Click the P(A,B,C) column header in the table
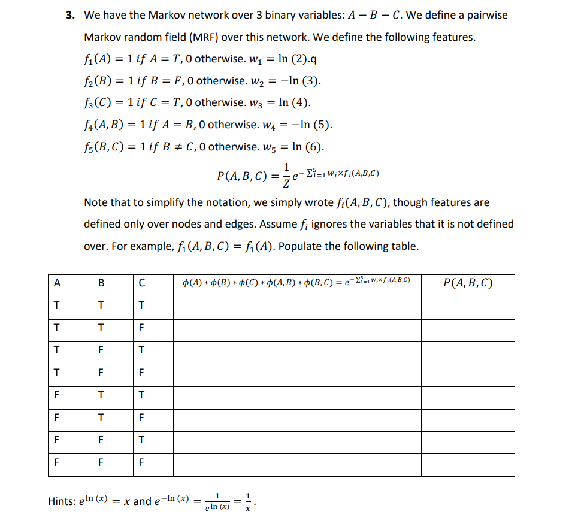[x=468, y=283]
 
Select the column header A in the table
[x=56, y=283]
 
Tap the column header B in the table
[x=101, y=283]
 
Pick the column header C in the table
[x=141, y=283]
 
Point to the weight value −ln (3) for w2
[x=304, y=80]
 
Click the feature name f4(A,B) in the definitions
[x=105, y=125]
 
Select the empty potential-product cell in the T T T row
[x=297, y=305]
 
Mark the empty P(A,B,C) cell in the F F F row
[x=468, y=462]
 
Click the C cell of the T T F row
[x=141, y=328]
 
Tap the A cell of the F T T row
[x=56, y=395]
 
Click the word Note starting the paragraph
[x=96, y=202]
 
